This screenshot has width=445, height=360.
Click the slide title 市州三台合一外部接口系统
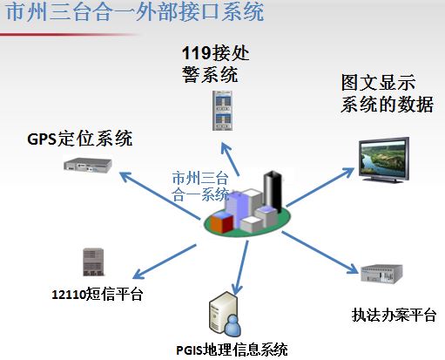135,12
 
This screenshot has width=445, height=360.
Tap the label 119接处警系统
215,64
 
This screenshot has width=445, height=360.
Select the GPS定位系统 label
80,139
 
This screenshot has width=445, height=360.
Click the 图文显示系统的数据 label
388,93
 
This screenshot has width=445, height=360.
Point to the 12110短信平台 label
98,294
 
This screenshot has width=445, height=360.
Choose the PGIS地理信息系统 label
232,350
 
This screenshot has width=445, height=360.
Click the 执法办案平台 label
394,315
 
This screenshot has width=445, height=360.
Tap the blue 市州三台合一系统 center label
200,187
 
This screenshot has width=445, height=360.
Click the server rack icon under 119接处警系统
222,111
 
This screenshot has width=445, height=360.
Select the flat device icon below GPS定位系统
88,166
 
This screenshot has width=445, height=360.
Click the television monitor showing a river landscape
384,160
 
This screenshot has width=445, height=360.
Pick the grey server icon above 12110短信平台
93,262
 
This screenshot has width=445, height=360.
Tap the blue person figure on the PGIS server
233,325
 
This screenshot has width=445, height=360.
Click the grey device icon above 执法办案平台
381,273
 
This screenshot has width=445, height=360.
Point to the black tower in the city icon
273,192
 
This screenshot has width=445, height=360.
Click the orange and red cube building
222,222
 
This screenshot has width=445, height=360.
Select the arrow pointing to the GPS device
160,195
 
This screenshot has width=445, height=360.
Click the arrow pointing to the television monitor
320,187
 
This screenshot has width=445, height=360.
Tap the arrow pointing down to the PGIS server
240,268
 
